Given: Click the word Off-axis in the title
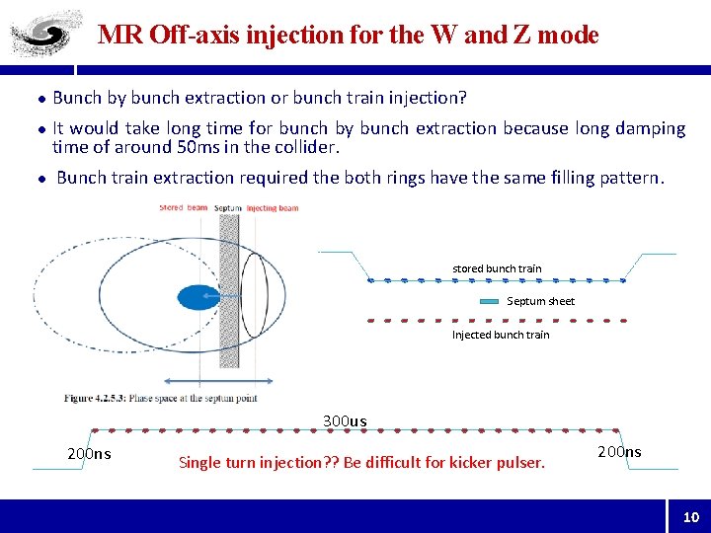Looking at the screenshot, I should coord(189,36).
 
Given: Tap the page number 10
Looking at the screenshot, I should coord(690,516).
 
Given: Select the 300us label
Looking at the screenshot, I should coord(345,421).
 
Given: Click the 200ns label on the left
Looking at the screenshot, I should coord(89,454).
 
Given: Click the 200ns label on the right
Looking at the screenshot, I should coord(619,452).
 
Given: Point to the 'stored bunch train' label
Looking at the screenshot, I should coord(497,268).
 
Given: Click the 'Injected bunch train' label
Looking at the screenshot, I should coord(501,335).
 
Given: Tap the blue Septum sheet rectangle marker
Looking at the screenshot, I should coord(491,302).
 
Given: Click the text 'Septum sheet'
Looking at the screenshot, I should coord(540,302).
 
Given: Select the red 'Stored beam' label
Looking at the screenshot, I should coord(184,207).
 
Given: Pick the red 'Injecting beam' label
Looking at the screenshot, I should coord(273,208).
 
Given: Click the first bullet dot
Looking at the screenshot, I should coord(41,99).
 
